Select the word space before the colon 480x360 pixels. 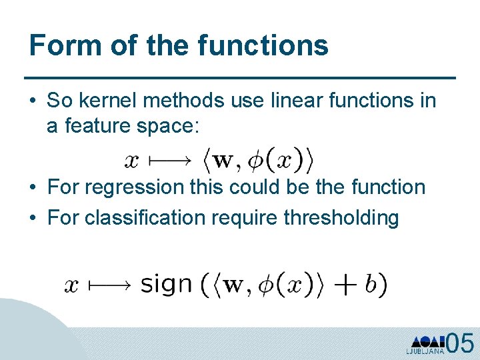pyautogui.click(x=169, y=127)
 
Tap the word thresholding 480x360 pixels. pyautogui.click(x=341, y=217)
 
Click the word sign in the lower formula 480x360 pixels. pyautogui.click(x=167, y=285)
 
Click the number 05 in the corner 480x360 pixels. pyautogui.click(x=460, y=344)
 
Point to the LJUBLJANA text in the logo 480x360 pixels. pyautogui.click(x=425, y=351)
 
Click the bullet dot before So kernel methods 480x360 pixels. pyautogui.click(x=33, y=101)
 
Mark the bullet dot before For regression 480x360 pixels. pyautogui.click(x=33, y=188)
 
